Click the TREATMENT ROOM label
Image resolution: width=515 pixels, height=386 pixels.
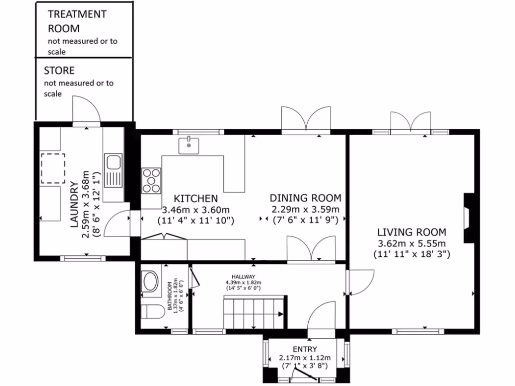pos(77,21)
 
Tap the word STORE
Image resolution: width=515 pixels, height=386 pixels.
pos(59,70)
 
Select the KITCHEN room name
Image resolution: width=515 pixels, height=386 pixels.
pos(196,199)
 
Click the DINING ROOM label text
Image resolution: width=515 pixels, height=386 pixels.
pos(305,198)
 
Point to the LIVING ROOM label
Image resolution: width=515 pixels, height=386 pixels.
pos(412,232)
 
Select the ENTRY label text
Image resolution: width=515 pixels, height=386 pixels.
pos(305,349)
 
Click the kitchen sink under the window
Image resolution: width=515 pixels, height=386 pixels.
pos(189,145)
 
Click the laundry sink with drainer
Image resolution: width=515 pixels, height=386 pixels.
pos(113,171)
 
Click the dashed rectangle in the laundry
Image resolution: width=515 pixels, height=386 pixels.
pos(53,168)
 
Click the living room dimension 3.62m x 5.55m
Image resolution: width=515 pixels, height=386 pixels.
pos(411,244)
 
